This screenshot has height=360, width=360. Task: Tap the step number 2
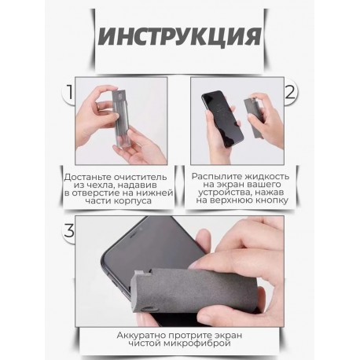(290, 92)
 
